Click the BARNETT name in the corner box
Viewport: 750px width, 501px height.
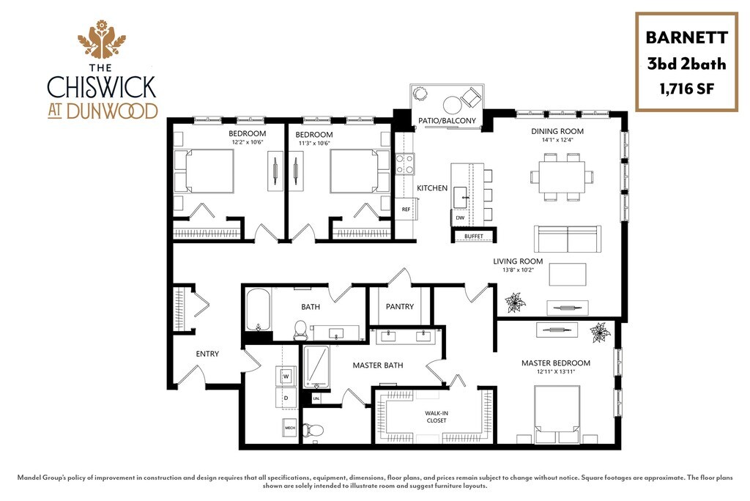[x=686, y=37]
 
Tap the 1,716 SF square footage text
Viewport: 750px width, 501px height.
[x=686, y=90]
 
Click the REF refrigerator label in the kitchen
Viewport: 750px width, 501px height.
[x=406, y=209]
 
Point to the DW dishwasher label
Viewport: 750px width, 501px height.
[x=460, y=218]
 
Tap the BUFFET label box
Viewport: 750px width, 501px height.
[x=474, y=236]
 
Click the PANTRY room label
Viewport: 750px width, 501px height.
[x=399, y=307]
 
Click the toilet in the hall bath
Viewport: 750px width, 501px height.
[x=300, y=330]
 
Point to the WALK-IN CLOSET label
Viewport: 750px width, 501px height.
[x=436, y=417]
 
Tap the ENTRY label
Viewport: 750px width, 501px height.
[x=207, y=354]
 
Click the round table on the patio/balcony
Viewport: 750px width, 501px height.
[x=451, y=103]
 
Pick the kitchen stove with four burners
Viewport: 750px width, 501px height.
[x=405, y=163]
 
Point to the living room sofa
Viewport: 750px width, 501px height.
[x=567, y=238]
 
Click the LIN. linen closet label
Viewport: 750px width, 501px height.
[x=316, y=399]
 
